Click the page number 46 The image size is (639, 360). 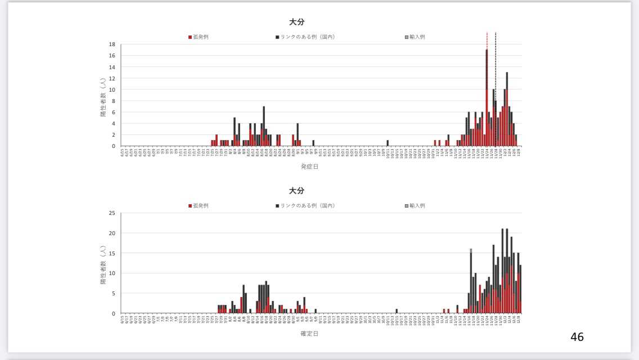click(577, 337)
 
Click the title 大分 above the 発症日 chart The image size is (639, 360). click(296, 22)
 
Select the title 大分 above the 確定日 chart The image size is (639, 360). click(296, 191)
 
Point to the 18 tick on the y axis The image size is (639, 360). click(112, 44)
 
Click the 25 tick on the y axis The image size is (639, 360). click(112, 213)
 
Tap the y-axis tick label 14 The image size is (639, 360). click(112, 67)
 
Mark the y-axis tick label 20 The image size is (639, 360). click(112, 233)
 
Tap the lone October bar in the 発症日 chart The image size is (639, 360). click(388, 143)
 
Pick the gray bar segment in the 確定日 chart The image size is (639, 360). click(471, 250)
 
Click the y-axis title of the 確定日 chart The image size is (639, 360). click(103, 263)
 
